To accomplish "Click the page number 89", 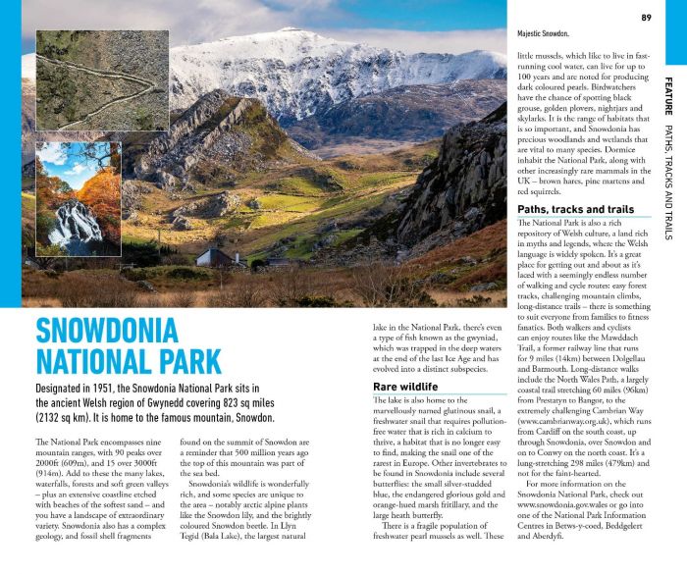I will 646,17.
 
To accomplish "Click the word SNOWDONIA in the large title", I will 108,331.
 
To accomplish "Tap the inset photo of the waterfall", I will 79,200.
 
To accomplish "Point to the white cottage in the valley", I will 217,258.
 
